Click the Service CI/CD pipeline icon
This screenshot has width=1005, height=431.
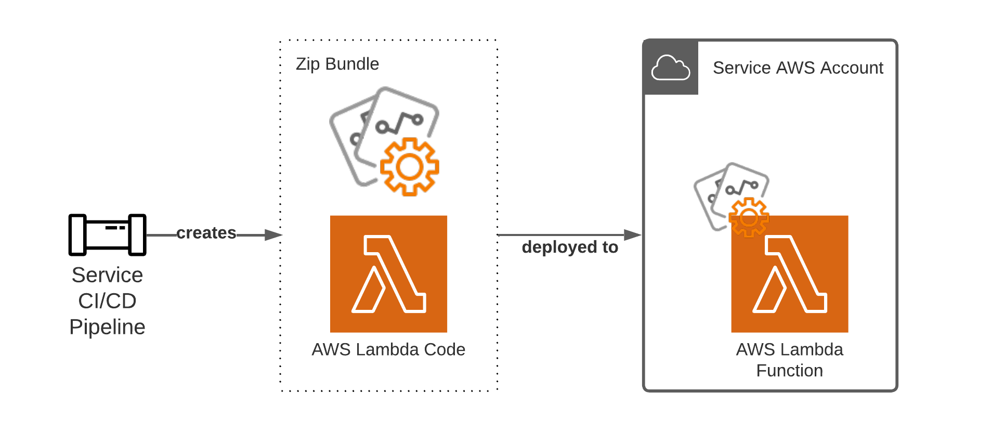107,234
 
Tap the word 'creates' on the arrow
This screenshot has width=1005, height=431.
206,233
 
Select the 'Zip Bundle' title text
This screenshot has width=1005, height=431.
337,64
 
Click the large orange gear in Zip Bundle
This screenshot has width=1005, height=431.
409,167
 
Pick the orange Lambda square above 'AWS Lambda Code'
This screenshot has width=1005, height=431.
388,274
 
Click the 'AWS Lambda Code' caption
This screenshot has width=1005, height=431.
388,349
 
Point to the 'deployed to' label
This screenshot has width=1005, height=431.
570,247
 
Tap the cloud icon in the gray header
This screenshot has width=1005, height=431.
670,68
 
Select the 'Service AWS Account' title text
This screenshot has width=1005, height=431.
798,68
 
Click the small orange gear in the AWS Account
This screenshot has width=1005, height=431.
749,217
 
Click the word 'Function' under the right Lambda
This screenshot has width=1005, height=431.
789,371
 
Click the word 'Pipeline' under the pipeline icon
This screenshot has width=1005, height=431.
107,327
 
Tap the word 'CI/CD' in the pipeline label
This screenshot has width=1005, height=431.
107,301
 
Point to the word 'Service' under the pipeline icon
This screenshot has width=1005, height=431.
107,275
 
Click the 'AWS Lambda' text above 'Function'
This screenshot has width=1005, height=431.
789,349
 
